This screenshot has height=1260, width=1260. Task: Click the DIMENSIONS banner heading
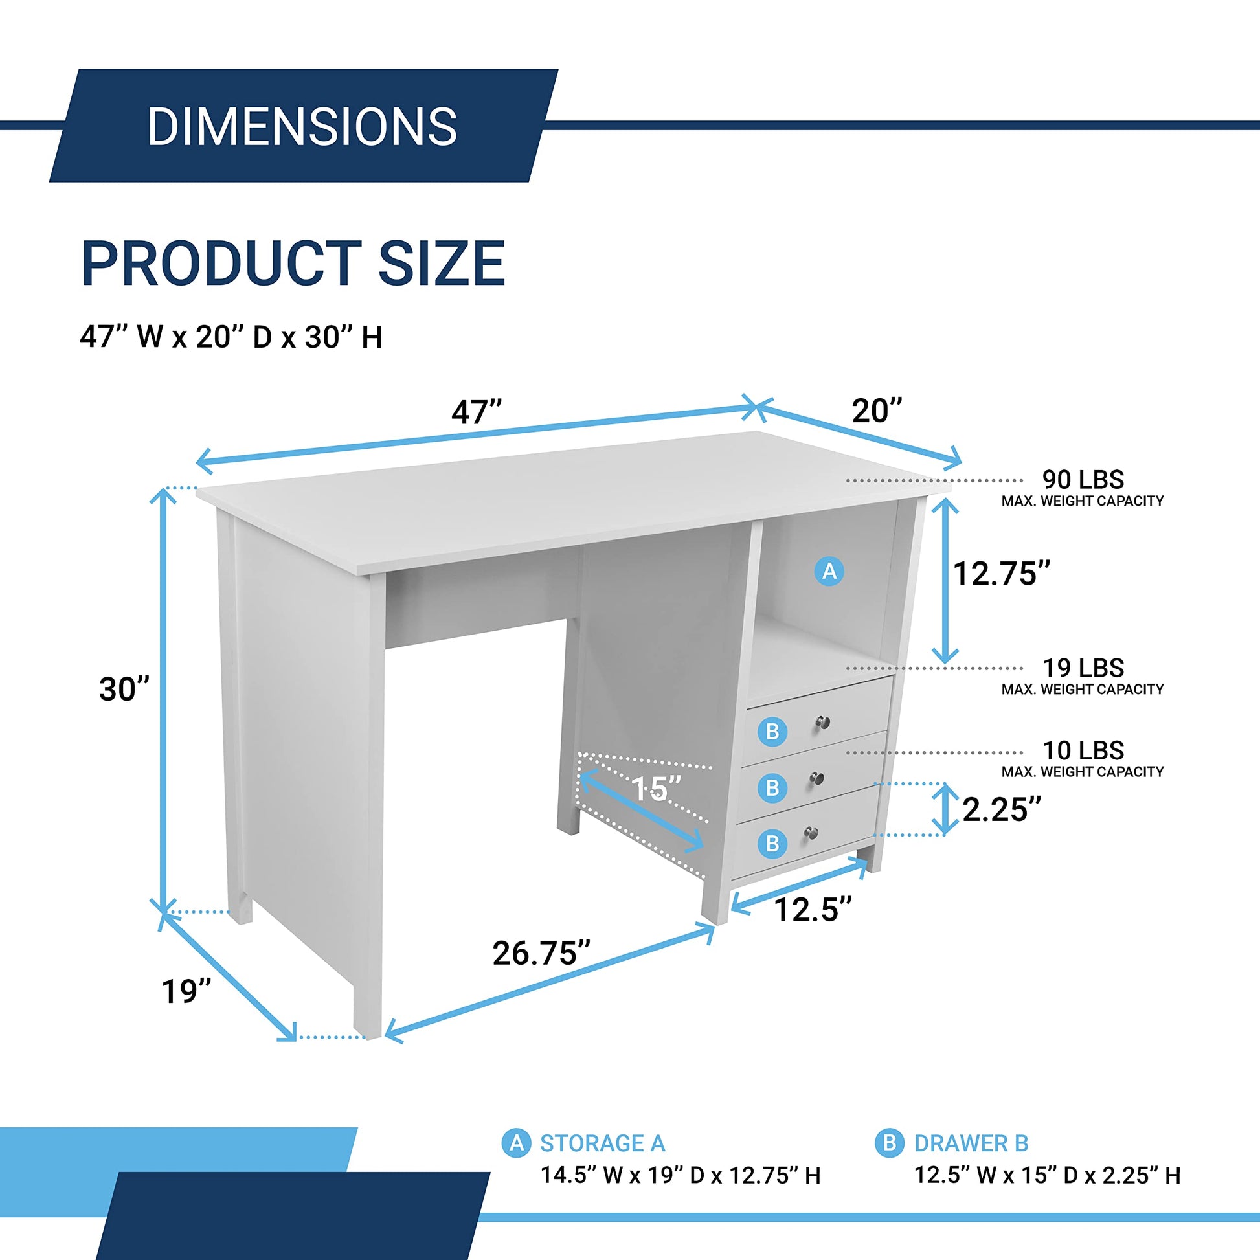pyautogui.click(x=302, y=126)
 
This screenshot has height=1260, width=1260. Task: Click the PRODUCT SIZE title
pyautogui.click(x=293, y=263)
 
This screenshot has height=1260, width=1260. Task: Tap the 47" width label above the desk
pyautogui.click(x=477, y=412)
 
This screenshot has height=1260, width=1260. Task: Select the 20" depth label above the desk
pyautogui.click(x=877, y=411)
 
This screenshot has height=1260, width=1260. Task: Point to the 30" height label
pyautogui.click(x=124, y=689)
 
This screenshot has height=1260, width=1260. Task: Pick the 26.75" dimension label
pyautogui.click(x=541, y=953)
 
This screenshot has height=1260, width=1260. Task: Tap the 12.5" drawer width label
pyautogui.click(x=813, y=909)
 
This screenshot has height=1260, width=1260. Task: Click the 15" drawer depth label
pyautogui.click(x=656, y=789)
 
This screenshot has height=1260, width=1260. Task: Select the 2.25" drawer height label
pyautogui.click(x=1002, y=809)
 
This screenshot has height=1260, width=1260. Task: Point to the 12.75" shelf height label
pyautogui.click(x=1002, y=573)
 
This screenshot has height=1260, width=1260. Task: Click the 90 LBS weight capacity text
pyautogui.click(x=1083, y=479)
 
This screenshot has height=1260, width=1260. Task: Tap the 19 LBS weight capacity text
pyautogui.click(x=1083, y=668)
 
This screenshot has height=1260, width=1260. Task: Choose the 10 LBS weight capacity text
pyautogui.click(x=1083, y=750)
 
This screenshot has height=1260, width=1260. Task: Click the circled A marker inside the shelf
pyautogui.click(x=829, y=571)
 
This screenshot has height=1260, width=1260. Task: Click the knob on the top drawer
pyautogui.click(x=824, y=722)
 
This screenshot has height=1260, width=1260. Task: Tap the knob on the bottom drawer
pyautogui.click(x=811, y=833)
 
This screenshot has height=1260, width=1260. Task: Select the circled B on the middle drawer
pyautogui.click(x=772, y=788)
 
